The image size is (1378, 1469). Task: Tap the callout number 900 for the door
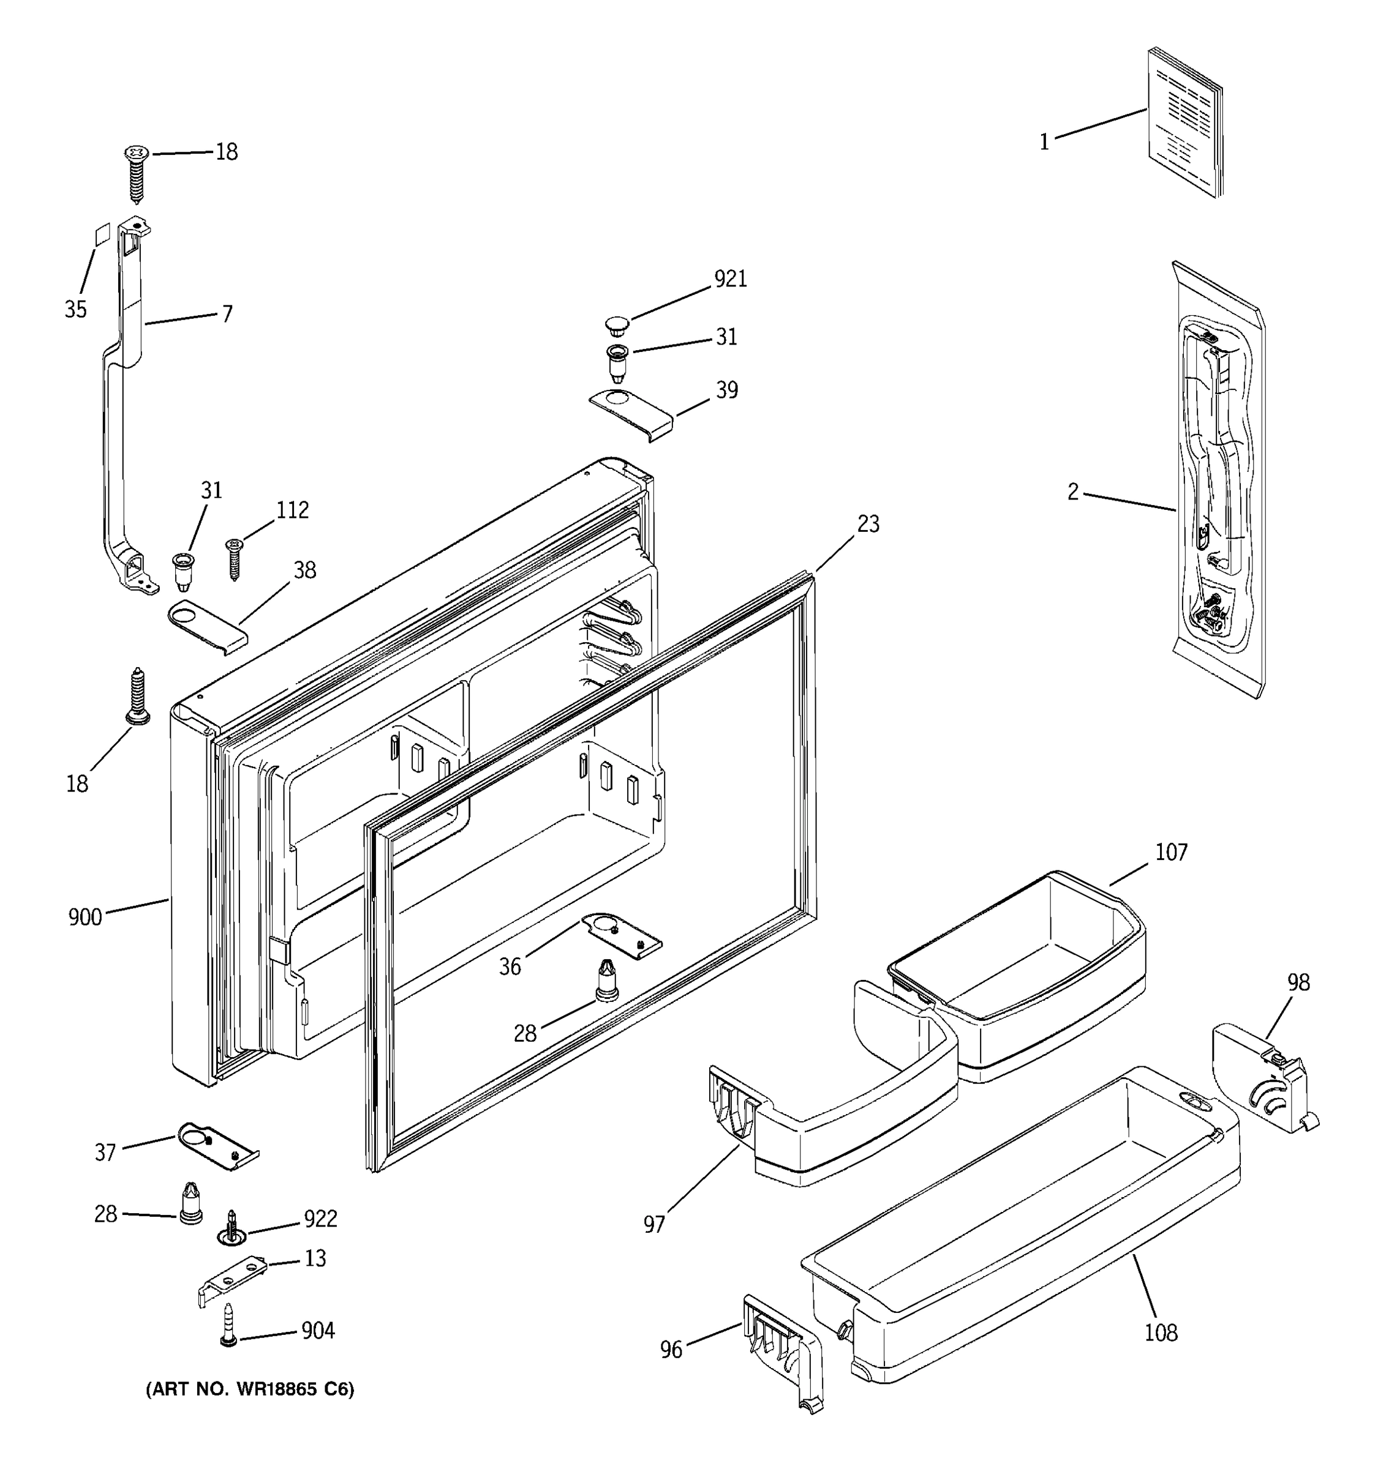85,917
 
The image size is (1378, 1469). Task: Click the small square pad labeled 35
101,235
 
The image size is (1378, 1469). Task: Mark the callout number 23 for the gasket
868,524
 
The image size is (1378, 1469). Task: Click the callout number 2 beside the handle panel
1072,492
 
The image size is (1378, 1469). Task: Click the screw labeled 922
232,1230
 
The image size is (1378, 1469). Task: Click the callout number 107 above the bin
1171,852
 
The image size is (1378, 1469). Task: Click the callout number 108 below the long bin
1161,1333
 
